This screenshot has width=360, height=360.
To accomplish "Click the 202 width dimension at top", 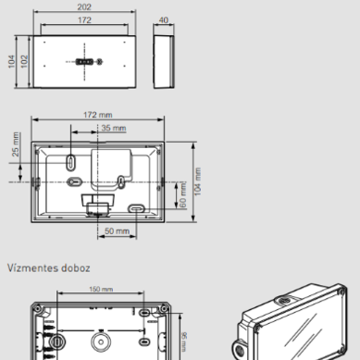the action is click(x=84, y=6).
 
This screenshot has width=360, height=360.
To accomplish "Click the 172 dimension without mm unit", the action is click(x=84, y=20).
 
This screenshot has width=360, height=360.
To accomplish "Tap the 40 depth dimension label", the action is click(x=164, y=20).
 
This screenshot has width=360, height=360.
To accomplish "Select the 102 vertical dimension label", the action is click(x=24, y=62).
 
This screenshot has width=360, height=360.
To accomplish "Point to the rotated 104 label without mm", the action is click(x=11, y=62).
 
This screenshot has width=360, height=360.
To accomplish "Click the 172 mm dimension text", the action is click(x=98, y=115).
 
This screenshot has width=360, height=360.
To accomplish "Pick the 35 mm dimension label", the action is click(x=114, y=128).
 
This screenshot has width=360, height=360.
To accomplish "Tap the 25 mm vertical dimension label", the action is click(x=16, y=144).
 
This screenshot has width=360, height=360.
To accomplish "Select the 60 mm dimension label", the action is click(x=182, y=195).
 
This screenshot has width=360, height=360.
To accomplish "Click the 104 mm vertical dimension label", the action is click(x=197, y=181).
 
